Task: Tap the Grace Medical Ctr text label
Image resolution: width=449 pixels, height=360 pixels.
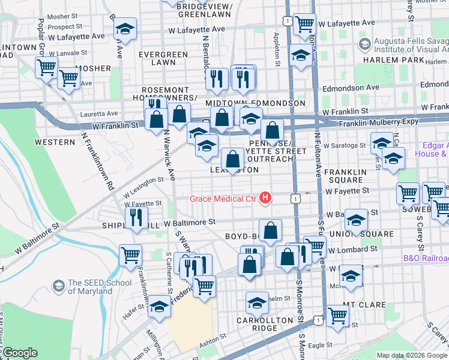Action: click(x=223, y=199)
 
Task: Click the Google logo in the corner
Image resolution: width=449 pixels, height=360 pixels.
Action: click(x=20, y=353)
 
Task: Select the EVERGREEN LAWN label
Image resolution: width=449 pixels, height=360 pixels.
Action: click(x=163, y=58)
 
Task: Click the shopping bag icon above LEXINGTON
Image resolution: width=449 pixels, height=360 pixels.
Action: click(x=232, y=160)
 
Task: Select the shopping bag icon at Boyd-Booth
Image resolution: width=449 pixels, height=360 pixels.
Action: click(x=271, y=231)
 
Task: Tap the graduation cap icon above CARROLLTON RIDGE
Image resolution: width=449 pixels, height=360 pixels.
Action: click(x=257, y=302)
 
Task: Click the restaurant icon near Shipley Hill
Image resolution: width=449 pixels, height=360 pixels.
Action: click(x=136, y=217)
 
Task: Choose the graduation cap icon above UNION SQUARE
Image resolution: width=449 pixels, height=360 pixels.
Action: click(x=356, y=220)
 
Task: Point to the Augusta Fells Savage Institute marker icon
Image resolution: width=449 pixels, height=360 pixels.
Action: click(x=364, y=44)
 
